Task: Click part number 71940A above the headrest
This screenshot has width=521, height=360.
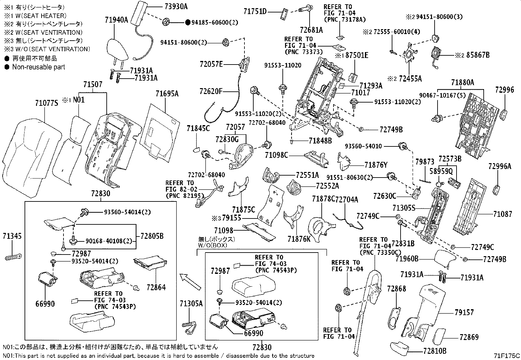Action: tap(117, 20)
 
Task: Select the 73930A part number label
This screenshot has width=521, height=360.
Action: tap(174, 7)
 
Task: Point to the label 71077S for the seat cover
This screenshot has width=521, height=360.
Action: tap(46, 104)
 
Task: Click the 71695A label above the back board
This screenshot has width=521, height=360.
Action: tap(167, 94)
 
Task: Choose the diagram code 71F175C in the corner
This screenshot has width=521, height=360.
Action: tap(507, 355)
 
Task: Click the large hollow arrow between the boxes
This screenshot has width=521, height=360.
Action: tap(190, 282)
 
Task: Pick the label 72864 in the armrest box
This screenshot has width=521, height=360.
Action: tap(156, 287)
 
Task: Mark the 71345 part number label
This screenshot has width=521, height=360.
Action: tap(12, 236)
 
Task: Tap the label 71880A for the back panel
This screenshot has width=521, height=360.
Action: tap(462, 83)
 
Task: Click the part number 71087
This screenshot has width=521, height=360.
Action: tap(503, 214)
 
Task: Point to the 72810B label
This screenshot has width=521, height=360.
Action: tap(435, 351)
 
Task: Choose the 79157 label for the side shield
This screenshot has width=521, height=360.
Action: tap(464, 313)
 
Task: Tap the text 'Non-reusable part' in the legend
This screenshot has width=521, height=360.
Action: tap(39, 67)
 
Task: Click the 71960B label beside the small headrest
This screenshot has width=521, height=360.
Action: tap(407, 259)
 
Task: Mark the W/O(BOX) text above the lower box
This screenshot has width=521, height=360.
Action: tap(212, 245)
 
